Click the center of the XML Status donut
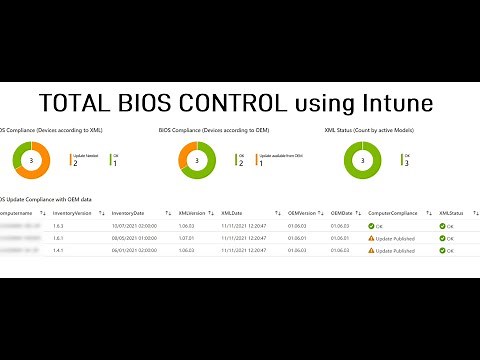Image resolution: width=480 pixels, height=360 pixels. [x=367, y=161]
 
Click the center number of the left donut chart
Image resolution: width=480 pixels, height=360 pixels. [x=34, y=161]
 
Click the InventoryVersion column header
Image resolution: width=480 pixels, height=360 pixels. [x=73, y=213]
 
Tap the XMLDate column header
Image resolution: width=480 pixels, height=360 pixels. [x=233, y=213]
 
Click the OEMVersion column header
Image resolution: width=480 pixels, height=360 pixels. [x=301, y=213]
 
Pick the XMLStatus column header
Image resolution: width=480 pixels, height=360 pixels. [x=451, y=213]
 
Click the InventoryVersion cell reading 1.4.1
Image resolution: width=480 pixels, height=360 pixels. [x=59, y=251]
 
